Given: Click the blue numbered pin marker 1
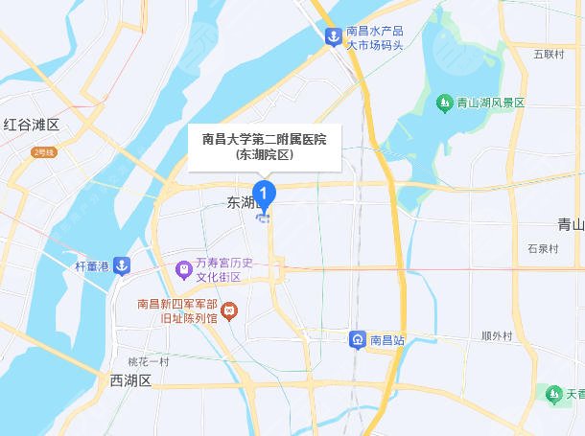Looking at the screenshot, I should point(265,192).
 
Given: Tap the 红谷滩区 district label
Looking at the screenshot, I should point(32,125).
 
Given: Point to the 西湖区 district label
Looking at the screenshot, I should point(130,380).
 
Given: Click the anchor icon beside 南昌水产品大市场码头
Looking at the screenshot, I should point(332,36).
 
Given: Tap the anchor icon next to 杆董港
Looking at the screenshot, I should point(122,265).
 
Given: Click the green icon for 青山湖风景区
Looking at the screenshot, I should point(444,103).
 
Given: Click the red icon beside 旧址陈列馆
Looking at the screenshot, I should point(229,311).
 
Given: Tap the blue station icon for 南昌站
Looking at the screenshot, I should point(357,340).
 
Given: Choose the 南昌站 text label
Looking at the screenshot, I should point(387,340).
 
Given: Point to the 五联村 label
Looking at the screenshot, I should point(549,54).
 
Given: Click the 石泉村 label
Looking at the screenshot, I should point(542,248).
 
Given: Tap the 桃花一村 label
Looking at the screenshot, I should point(149,361).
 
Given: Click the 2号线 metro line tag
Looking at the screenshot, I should point(44,151).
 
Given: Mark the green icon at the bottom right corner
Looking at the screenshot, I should point(553,393).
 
